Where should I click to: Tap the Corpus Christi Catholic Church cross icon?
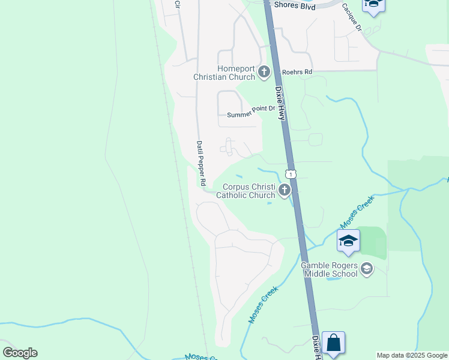pyautogui.click(x=285, y=191)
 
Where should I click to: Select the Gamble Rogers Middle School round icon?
pyautogui.click(x=367, y=269)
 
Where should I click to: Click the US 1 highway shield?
pyautogui.click(x=291, y=174)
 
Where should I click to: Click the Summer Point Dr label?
pyautogui.click(x=250, y=114)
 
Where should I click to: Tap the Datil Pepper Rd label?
pyautogui.click(x=201, y=163)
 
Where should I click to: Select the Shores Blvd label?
pyautogui.click(x=294, y=5)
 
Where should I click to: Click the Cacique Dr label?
pyautogui.click(x=352, y=17)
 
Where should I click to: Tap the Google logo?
pyautogui.click(x=20, y=353)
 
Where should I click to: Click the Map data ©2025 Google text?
pyautogui.click(x=412, y=355)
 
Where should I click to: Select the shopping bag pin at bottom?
pyautogui.click(x=333, y=344)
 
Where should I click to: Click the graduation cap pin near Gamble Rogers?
pyautogui.click(x=348, y=241)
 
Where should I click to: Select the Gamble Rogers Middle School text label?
pyautogui.click(x=329, y=269)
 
